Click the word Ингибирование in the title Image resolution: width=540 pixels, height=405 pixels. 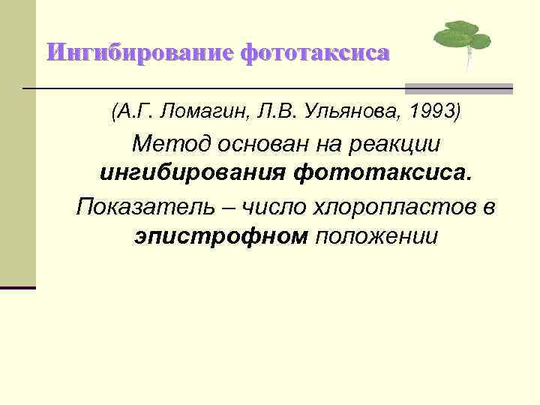tap(140, 53)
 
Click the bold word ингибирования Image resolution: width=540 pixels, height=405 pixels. tap(193, 175)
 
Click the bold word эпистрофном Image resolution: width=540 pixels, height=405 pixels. tap(221, 236)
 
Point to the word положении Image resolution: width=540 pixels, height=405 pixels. tap(376, 237)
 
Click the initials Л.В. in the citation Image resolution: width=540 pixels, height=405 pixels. tap(276, 113)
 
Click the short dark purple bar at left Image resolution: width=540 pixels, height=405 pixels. tap(17, 287)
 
